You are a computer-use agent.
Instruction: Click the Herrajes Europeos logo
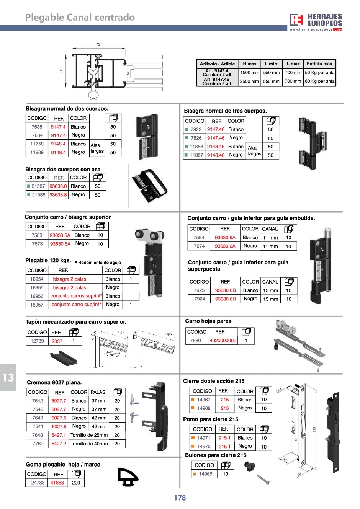[316, 22]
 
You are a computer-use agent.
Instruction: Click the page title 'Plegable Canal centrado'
[80, 18]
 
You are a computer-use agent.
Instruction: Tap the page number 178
[180, 498]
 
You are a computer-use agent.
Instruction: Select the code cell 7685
[37, 127]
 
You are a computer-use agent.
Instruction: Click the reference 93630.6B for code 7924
[225, 299]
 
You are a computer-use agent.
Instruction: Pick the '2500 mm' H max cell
[249, 82]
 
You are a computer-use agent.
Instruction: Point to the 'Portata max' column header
[319, 64]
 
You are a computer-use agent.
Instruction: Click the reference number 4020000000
[223, 341]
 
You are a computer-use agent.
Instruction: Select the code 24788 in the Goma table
[38, 483]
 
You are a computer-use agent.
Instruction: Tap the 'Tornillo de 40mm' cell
[89, 444]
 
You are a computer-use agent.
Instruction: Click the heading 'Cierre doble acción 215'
[214, 381]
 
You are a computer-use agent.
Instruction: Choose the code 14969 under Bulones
[205, 474]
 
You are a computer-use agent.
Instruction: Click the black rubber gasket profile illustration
[127, 477]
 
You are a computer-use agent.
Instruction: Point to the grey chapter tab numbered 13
[8, 377]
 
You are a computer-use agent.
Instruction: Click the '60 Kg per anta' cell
[320, 82]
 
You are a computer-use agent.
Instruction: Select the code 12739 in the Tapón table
[37, 341]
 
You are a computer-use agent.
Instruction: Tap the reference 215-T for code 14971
[224, 438]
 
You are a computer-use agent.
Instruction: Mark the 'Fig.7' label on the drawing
[121, 333]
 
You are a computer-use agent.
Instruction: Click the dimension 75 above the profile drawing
[98, 45]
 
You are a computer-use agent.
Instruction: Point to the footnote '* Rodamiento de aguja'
[98, 263]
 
